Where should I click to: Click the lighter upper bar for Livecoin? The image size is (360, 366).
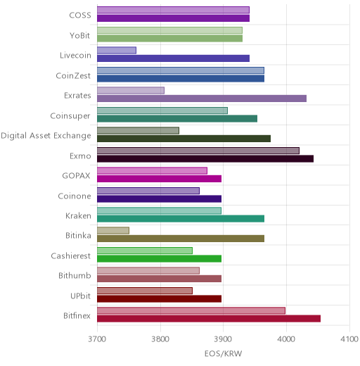tap(117, 51)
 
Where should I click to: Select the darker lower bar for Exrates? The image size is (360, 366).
tap(202, 99)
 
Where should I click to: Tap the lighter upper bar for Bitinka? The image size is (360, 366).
tap(113, 231)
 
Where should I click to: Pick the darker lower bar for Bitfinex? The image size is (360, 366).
tap(209, 319)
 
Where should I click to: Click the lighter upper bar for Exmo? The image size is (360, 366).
tap(198, 151)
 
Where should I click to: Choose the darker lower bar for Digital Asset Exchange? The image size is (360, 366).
tap(184, 139)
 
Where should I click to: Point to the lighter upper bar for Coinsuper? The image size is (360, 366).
tap(162, 111)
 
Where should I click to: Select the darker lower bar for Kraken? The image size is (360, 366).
tap(181, 219)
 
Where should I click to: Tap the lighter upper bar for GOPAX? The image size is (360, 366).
tap(153, 170)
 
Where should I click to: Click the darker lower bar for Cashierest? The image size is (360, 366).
tap(160, 259)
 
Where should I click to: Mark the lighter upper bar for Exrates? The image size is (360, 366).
tap(131, 91)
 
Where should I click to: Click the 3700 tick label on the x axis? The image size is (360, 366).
tap(97, 339)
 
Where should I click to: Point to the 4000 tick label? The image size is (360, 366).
tap(286, 339)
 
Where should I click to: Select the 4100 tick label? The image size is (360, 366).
tap(349, 339)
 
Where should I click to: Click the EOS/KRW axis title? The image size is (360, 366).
tap(223, 353)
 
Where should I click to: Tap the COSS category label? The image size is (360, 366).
tap(80, 15)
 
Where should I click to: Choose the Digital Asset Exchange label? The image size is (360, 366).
tap(46, 136)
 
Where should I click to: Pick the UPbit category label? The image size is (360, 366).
tap(80, 296)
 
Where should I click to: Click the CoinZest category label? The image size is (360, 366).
tap(73, 75)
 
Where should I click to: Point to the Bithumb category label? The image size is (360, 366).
tap(75, 275)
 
